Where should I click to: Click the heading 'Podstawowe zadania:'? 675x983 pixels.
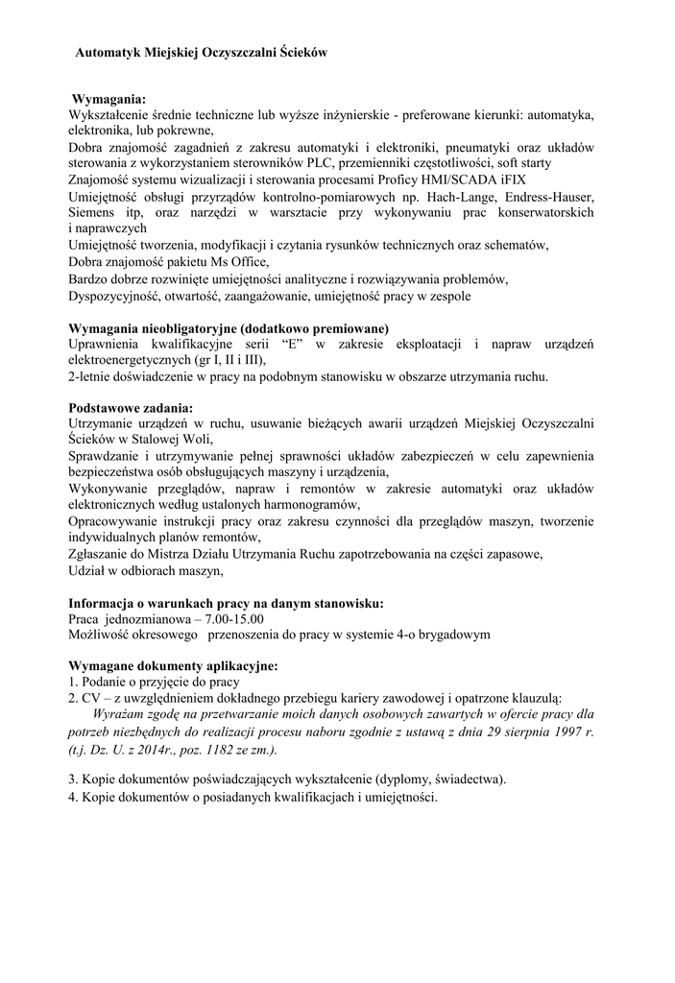(x=131, y=407)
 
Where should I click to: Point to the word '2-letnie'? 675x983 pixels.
(x=90, y=376)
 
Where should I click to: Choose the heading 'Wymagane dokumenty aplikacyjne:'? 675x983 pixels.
(x=174, y=666)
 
